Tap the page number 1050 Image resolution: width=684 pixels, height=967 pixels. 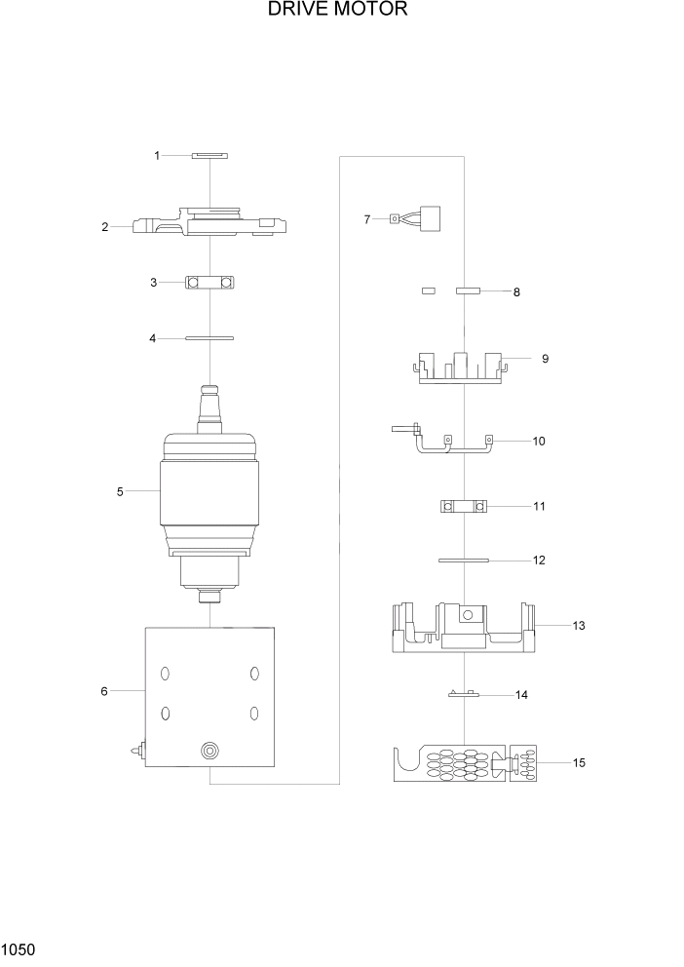point(19,948)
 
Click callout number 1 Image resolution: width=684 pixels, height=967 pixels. point(156,155)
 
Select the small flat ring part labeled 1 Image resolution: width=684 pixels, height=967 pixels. point(209,155)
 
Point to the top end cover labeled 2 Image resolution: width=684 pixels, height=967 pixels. point(209,224)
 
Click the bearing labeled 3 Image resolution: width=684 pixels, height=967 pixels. point(209,283)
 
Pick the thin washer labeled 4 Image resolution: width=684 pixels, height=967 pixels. point(209,338)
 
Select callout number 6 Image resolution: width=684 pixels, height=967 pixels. point(103,691)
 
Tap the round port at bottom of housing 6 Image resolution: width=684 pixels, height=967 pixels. point(209,751)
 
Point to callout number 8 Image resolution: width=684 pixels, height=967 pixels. point(516,292)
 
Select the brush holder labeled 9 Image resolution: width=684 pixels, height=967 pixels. point(464,367)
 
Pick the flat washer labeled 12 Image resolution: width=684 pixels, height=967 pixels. point(464,561)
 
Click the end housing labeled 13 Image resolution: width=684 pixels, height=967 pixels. point(464,628)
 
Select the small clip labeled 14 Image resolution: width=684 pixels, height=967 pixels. point(462,695)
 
